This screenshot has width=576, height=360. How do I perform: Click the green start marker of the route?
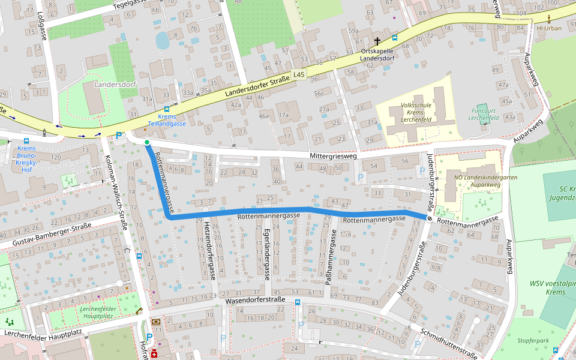147,142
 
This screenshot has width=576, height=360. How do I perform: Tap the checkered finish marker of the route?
430,218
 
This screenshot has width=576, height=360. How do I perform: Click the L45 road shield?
299,74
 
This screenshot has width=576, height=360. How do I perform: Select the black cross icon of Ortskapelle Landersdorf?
377,41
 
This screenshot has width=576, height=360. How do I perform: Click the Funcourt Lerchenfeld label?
484,114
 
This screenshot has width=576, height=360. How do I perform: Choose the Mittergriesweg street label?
333,155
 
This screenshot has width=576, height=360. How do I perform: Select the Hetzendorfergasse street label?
209,250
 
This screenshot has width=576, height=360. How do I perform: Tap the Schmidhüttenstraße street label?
449,343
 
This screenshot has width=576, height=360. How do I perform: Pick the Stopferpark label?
535,340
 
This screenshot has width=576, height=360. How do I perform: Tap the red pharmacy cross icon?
154,353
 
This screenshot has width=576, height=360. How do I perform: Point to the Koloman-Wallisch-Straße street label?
116,192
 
